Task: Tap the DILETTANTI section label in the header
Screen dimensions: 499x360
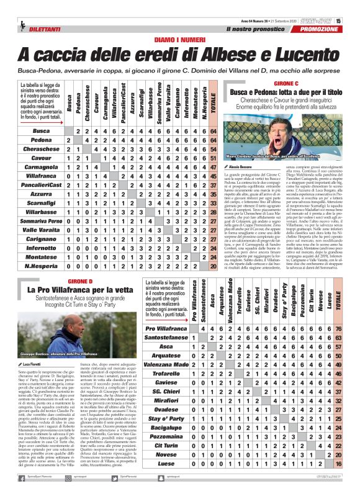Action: [x=27, y=29]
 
